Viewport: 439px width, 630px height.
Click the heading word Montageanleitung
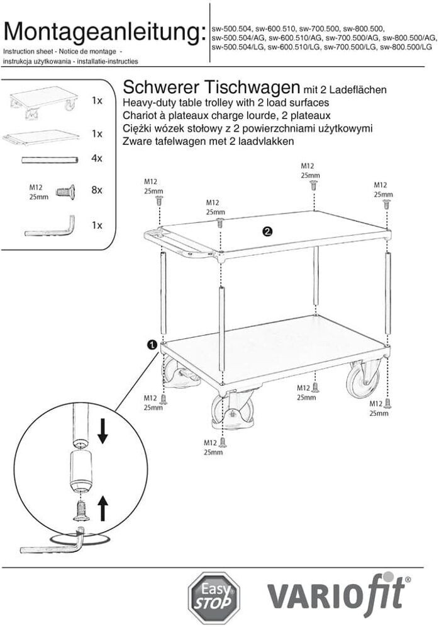tap(104, 31)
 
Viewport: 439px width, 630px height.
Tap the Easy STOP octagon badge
tap(215, 597)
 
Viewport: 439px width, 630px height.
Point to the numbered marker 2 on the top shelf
tap(267, 231)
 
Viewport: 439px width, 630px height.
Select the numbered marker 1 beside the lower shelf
tap(152, 344)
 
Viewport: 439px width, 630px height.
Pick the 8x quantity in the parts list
tap(96, 189)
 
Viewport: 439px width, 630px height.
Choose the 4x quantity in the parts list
tap(96, 159)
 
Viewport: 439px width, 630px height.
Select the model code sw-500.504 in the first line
tap(232, 28)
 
